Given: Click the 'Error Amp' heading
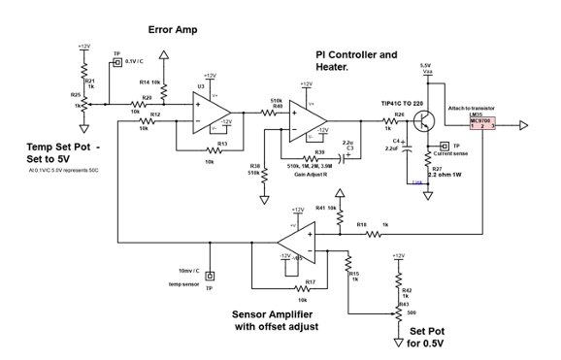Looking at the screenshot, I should coord(174,29).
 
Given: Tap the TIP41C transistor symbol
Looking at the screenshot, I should coord(421,121).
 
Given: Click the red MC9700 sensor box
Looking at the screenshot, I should coord(482,124).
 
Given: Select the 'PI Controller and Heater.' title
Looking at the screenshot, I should coord(357,59).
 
